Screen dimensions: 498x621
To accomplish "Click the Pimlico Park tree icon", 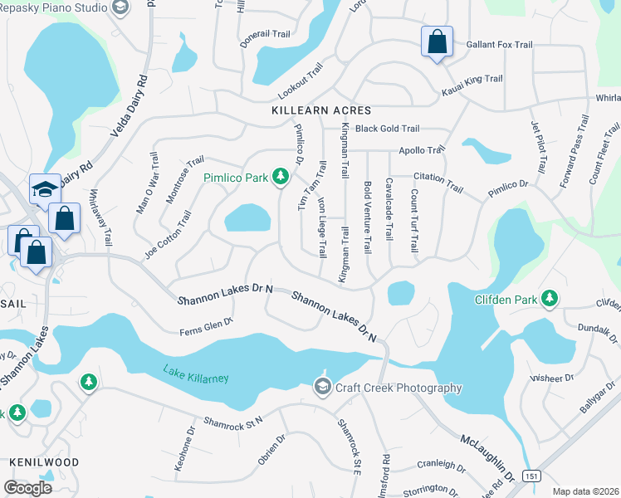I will click(x=281, y=176).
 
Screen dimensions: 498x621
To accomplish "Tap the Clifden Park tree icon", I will click(x=549, y=299).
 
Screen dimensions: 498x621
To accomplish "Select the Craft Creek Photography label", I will click(x=398, y=388).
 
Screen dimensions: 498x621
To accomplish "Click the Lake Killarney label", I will click(x=195, y=374).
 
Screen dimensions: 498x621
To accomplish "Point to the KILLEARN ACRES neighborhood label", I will click(x=321, y=110).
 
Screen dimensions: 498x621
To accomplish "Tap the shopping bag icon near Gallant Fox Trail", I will click(x=437, y=41).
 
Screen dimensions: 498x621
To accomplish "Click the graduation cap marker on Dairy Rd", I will click(x=43, y=189).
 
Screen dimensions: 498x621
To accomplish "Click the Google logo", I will click(x=27, y=487).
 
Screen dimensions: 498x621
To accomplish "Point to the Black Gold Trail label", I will click(x=387, y=129).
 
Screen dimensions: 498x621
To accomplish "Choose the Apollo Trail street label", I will click(x=422, y=150).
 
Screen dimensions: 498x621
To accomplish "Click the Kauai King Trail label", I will click(x=472, y=79).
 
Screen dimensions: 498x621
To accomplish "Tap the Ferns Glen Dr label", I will click(x=206, y=327).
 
